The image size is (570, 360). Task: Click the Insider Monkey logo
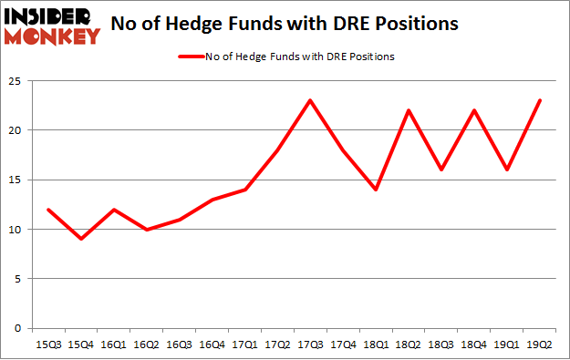point(52,26)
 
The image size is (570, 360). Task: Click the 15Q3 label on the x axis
point(48,345)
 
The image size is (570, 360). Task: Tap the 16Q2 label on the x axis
point(147,345)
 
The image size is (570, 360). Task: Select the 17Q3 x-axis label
point(311,345)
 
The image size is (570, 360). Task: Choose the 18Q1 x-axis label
point(377,345)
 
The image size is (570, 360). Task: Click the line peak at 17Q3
point(311,100)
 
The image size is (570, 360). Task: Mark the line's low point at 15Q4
point(81,239)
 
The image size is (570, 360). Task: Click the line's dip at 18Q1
point(377,190)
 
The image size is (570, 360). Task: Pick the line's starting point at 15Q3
point(48,210)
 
